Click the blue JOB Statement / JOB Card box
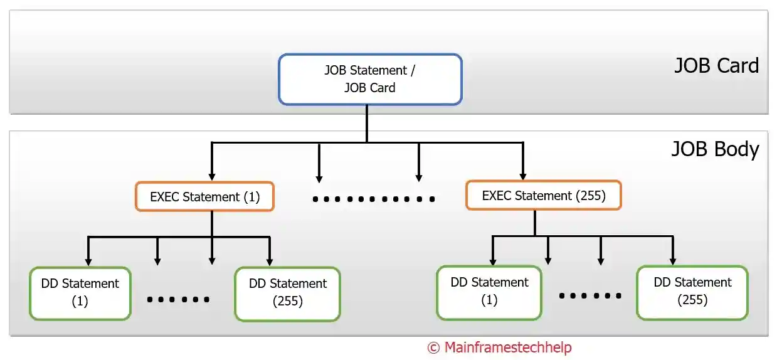370,79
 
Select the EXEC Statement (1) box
204,196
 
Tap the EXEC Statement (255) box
544,195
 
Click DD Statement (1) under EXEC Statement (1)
80,292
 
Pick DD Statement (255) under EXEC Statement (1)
287,292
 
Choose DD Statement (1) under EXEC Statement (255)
489,292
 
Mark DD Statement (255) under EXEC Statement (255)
692,292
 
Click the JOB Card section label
716,66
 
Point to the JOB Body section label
715,149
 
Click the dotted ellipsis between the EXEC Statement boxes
374,199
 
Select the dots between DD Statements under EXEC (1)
178,299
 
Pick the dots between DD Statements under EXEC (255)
590,295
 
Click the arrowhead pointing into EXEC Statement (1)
213,176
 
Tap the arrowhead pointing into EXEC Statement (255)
522,175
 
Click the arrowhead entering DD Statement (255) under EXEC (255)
673,260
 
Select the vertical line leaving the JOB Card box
367,123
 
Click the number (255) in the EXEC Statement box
590,195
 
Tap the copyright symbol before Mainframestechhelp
433,347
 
